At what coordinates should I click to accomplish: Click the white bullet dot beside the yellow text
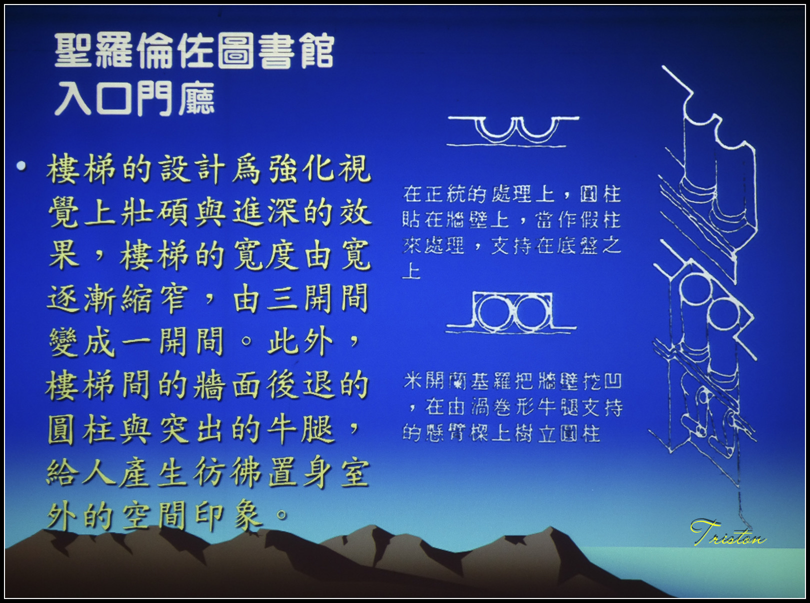(21, 166)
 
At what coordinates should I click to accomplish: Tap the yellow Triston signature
(728, 532)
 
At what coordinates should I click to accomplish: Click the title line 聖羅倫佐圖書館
(194, 51)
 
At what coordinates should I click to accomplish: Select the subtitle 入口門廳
(134, 98)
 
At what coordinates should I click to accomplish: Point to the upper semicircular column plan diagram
(513, 131)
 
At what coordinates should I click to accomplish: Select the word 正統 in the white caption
(445, 194)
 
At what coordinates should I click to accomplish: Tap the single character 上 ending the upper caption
(411, 271)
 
